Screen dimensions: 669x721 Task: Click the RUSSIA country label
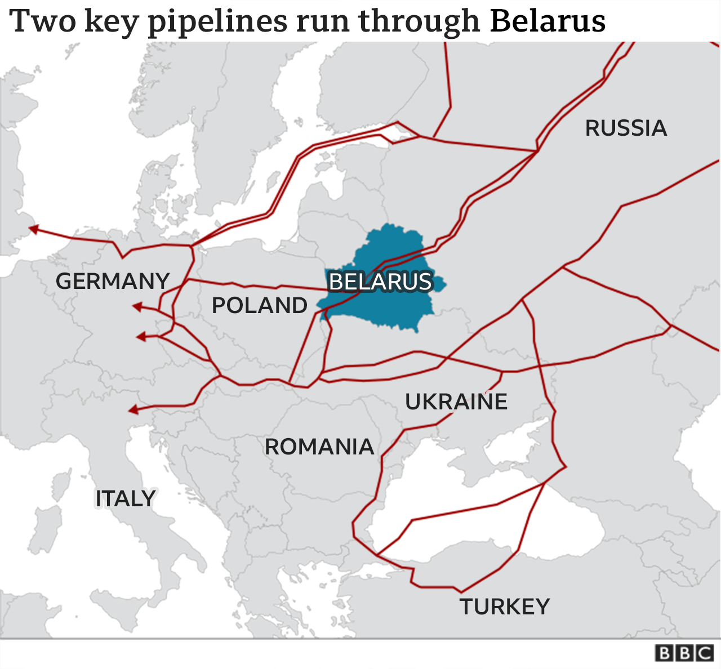626,128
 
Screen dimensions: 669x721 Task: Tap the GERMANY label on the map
113,281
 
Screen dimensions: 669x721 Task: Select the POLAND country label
260,305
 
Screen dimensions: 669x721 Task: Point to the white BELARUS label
380,282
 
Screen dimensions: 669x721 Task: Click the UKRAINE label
456,402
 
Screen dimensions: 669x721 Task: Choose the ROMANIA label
319,447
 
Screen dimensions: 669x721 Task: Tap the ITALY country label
125,499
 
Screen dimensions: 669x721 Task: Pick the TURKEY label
504,607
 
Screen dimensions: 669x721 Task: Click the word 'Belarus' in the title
548,21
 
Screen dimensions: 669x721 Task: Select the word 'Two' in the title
43,21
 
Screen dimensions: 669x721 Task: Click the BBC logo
684,653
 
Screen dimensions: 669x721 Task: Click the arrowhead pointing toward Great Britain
34,229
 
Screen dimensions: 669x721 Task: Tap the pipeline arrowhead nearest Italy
133,409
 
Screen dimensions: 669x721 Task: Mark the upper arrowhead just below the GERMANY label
136,306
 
